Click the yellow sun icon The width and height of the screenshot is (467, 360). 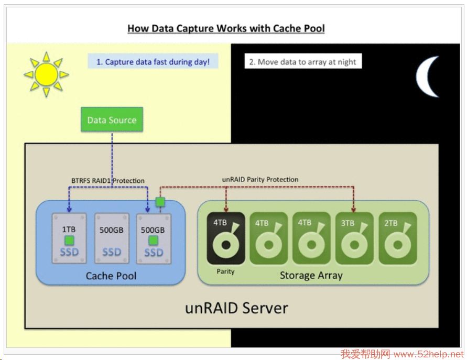pos(46,74)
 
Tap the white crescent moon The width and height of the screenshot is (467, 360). pos(428,77)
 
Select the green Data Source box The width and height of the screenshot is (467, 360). pos(112,120)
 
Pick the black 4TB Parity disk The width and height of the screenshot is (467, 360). pos(226,238)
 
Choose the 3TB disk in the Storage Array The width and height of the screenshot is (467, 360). pos(354,238)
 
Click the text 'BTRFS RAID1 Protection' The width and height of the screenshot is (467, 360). pos(108,180)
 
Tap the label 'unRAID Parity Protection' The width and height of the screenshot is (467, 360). pos(260,179)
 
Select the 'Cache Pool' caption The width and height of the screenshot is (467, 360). pos(111,276)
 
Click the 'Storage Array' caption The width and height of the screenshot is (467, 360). pos(311,275)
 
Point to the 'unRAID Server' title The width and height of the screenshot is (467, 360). pos(236,308)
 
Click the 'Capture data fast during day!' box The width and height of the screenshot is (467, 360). pos(153,62)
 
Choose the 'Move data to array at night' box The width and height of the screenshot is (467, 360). pos(302,62)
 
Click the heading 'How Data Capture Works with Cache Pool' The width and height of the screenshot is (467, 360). pos(226,28)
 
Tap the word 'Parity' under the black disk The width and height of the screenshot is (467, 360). pos(225,271)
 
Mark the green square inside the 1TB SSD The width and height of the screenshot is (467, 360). pos(69,241)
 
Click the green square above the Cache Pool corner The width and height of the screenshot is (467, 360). pos(161,202)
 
